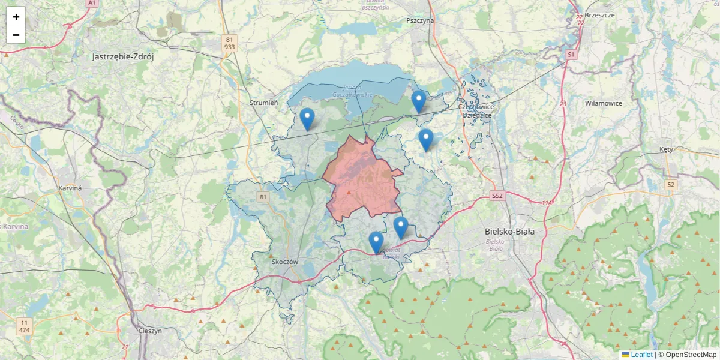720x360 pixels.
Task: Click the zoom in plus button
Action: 16,17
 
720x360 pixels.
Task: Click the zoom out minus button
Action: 16,35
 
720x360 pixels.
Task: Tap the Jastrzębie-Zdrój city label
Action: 123,57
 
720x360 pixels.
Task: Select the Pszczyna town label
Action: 419,20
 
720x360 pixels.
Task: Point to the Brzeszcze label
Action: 599,15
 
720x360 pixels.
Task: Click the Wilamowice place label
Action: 604,103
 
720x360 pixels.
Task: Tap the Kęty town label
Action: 666,149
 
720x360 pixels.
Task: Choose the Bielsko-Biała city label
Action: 509,231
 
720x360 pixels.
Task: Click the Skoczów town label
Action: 285,262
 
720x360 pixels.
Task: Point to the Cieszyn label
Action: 150,331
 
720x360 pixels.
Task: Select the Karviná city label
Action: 70,188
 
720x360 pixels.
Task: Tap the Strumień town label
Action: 264,103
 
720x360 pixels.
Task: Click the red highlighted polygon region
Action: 363,180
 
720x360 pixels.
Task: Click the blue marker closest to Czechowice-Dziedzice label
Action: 419,101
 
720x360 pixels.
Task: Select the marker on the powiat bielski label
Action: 376,242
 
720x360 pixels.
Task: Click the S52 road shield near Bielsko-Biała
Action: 497,196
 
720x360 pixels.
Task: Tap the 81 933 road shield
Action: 229,43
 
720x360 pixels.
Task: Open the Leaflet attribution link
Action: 641,355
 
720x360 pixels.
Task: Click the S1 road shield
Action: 571,54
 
